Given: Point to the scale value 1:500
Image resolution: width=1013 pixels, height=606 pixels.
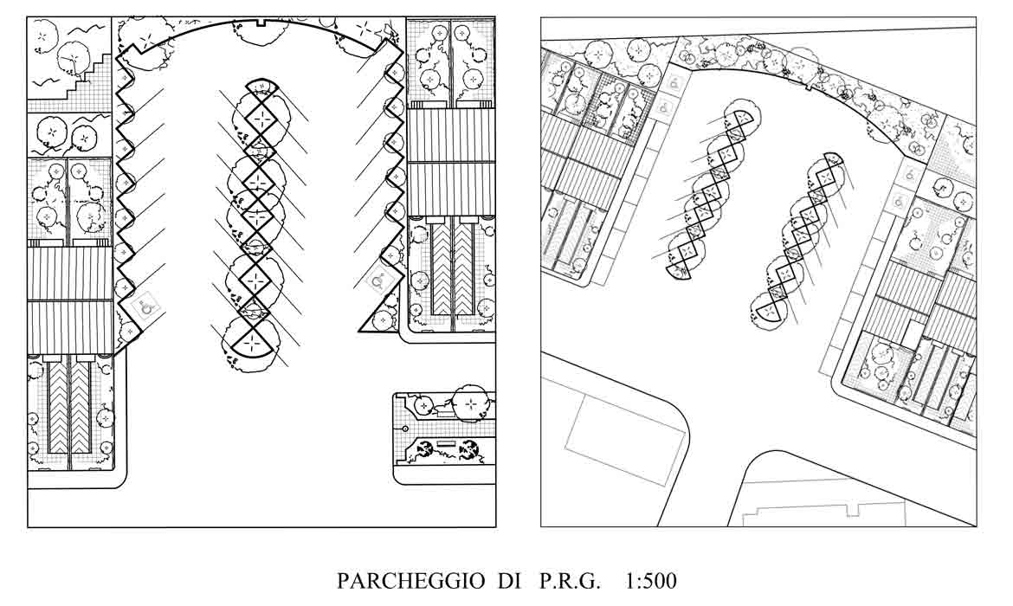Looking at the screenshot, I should (650, 581).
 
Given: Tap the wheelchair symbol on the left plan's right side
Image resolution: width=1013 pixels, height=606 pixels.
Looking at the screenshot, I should (377, 280).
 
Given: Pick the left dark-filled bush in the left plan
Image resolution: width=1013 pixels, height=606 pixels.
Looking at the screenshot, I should (426, 448).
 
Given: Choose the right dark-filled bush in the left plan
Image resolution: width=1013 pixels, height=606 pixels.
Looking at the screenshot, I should (469, 448).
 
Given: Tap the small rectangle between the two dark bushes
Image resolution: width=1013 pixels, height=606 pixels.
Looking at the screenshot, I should (447, 444).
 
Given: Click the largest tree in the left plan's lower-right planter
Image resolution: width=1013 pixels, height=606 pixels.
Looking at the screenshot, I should (470, 403).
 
